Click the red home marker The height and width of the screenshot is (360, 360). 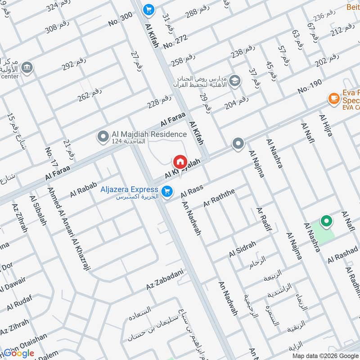(x=180, y=162)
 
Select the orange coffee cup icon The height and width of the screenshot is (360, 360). (x=333, y=98)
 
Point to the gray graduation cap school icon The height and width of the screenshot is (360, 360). (x=234, y=81)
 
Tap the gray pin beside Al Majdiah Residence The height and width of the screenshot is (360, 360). (x=103, y=135)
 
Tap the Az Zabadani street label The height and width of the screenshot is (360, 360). (x=165, y=279)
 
